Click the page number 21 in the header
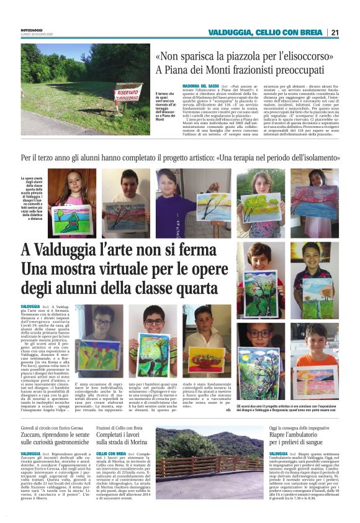335,32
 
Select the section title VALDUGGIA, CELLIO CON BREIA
266,32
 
